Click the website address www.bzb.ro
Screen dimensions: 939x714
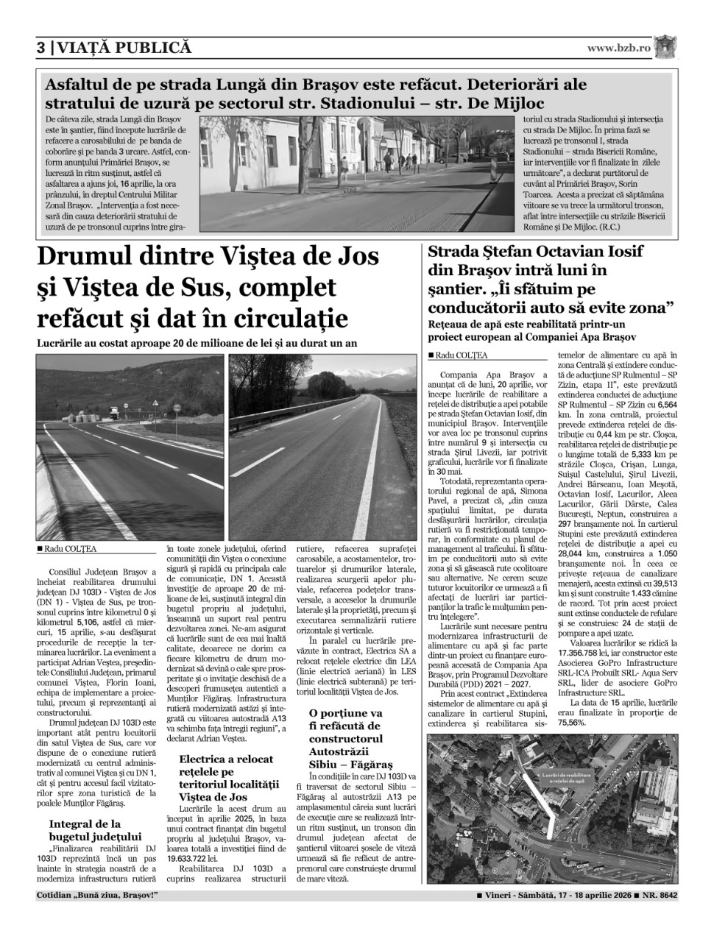(x=618, y=48)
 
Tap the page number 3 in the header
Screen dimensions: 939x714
(x=41, y=48)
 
